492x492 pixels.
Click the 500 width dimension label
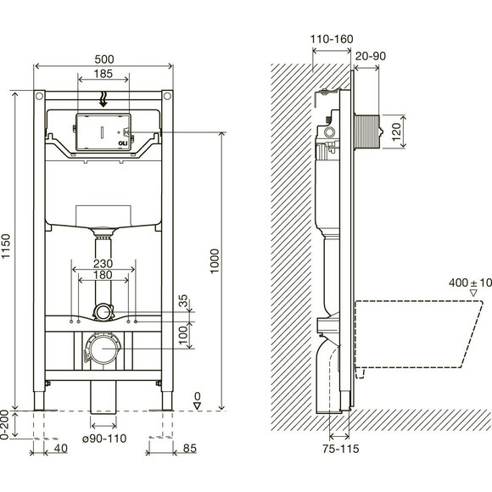104,59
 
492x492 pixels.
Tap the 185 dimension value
103,74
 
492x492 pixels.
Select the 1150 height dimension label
6,246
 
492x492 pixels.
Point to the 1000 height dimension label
215,261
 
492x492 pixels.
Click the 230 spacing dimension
103,263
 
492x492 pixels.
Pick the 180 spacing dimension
103,275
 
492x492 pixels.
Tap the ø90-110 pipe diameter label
104,439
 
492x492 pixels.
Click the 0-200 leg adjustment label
4,425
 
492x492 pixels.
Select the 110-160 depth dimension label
332,39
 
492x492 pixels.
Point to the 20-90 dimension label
371,56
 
